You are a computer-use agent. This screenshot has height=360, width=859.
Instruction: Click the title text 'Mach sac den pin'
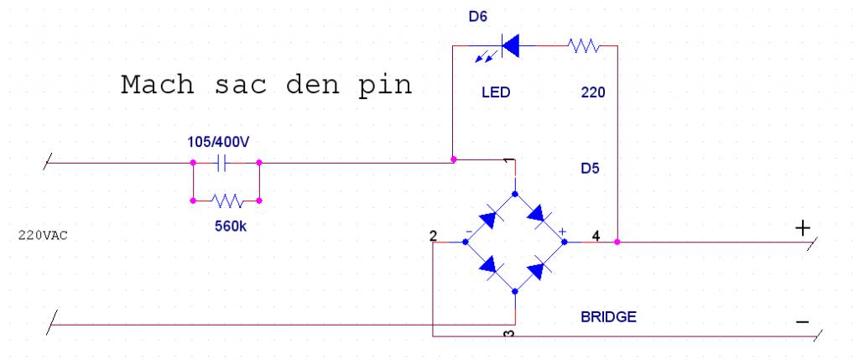tap(267, 86)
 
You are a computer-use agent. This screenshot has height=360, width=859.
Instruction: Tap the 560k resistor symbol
tap(226, 201)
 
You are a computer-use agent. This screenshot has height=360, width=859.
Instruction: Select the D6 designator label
tap(477, 15)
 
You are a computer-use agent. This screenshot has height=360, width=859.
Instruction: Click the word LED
tap(496, 92)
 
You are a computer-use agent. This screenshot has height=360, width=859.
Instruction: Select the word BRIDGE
tap(608, 317)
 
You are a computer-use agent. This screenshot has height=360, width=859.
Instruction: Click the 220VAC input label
tap(42, 236)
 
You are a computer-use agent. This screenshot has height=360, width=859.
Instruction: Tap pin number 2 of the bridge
tap(432, 236)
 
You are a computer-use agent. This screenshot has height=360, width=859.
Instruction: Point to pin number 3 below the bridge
tap(508, 336)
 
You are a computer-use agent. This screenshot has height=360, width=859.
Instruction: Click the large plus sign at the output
tap(803, 228)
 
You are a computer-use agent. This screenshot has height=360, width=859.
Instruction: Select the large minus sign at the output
tap(803, 322)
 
